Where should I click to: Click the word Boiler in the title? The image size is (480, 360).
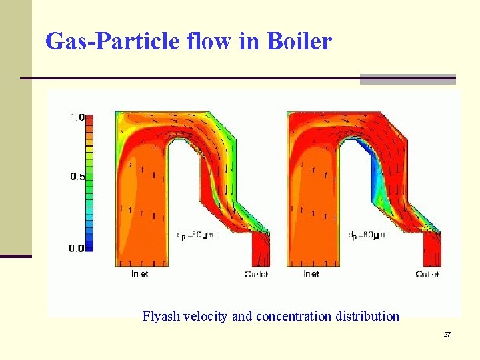click(x=299, y=42)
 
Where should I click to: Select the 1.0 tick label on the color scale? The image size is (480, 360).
click(x=77, y=118)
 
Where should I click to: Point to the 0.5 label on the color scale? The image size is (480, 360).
click(x=77, y=177)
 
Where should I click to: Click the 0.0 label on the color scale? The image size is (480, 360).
click(x=77, y=248)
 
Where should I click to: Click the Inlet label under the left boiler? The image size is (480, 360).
click(x=139, y=273)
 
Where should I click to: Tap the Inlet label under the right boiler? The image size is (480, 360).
click(x=311, y=273)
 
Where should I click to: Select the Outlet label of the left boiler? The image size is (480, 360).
click(x=257, y=274)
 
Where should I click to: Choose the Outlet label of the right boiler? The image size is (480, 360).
click(x=427, y=274)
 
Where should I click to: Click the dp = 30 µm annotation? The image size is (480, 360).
click(x=194, y=235)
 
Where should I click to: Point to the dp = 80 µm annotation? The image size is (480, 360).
click(x=366, y=235)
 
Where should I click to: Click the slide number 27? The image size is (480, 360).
click(x=447, y=334)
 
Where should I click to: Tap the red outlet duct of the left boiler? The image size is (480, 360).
click(x=259, y=252)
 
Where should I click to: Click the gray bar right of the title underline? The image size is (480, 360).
click(x=407, y=79)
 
